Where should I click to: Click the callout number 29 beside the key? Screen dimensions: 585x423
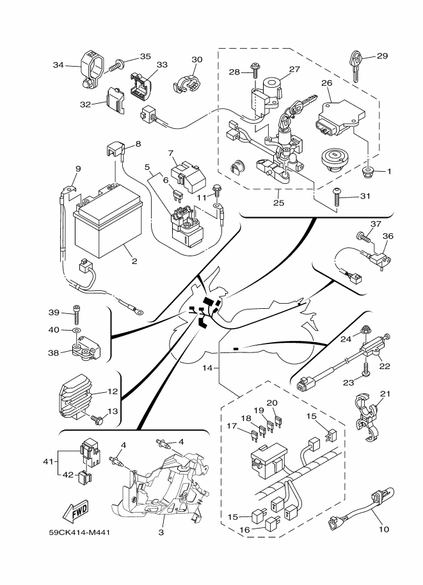click(x=382, y=56)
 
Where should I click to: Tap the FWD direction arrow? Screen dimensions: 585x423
click(x=75, y=512)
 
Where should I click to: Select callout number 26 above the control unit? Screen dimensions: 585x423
click(x=326, y=83)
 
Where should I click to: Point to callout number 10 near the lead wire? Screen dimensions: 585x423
click(x=385, y=529)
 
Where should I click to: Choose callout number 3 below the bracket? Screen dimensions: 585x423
click(x=161, y=532)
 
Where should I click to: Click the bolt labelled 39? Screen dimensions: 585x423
click(x=77, y=313)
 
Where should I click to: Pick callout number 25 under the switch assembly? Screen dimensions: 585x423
click(x=279, y=203)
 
